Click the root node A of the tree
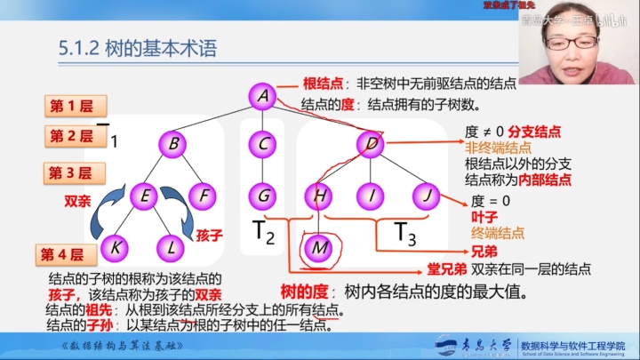pyautogui.click(x=260, y=96)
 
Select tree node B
pyautogui.click(x=174, y=142)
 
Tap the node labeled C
pyautogui.click(x=260, y=142)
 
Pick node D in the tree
pyautogui.click(x=371, y=142)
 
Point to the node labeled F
pyautogui.click(x=204, y=194)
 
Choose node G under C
pyautogui.click(x=260, y=194)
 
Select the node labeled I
pyautogui.click(x=371, y=194)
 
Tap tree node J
pyautogui.click(x=426, y=194)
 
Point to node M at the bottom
pyautogui.click(x=317, y=247)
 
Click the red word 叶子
pyautogui.click(x=481, y=217)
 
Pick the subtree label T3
pyautogui.click(x=405, y=233)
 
